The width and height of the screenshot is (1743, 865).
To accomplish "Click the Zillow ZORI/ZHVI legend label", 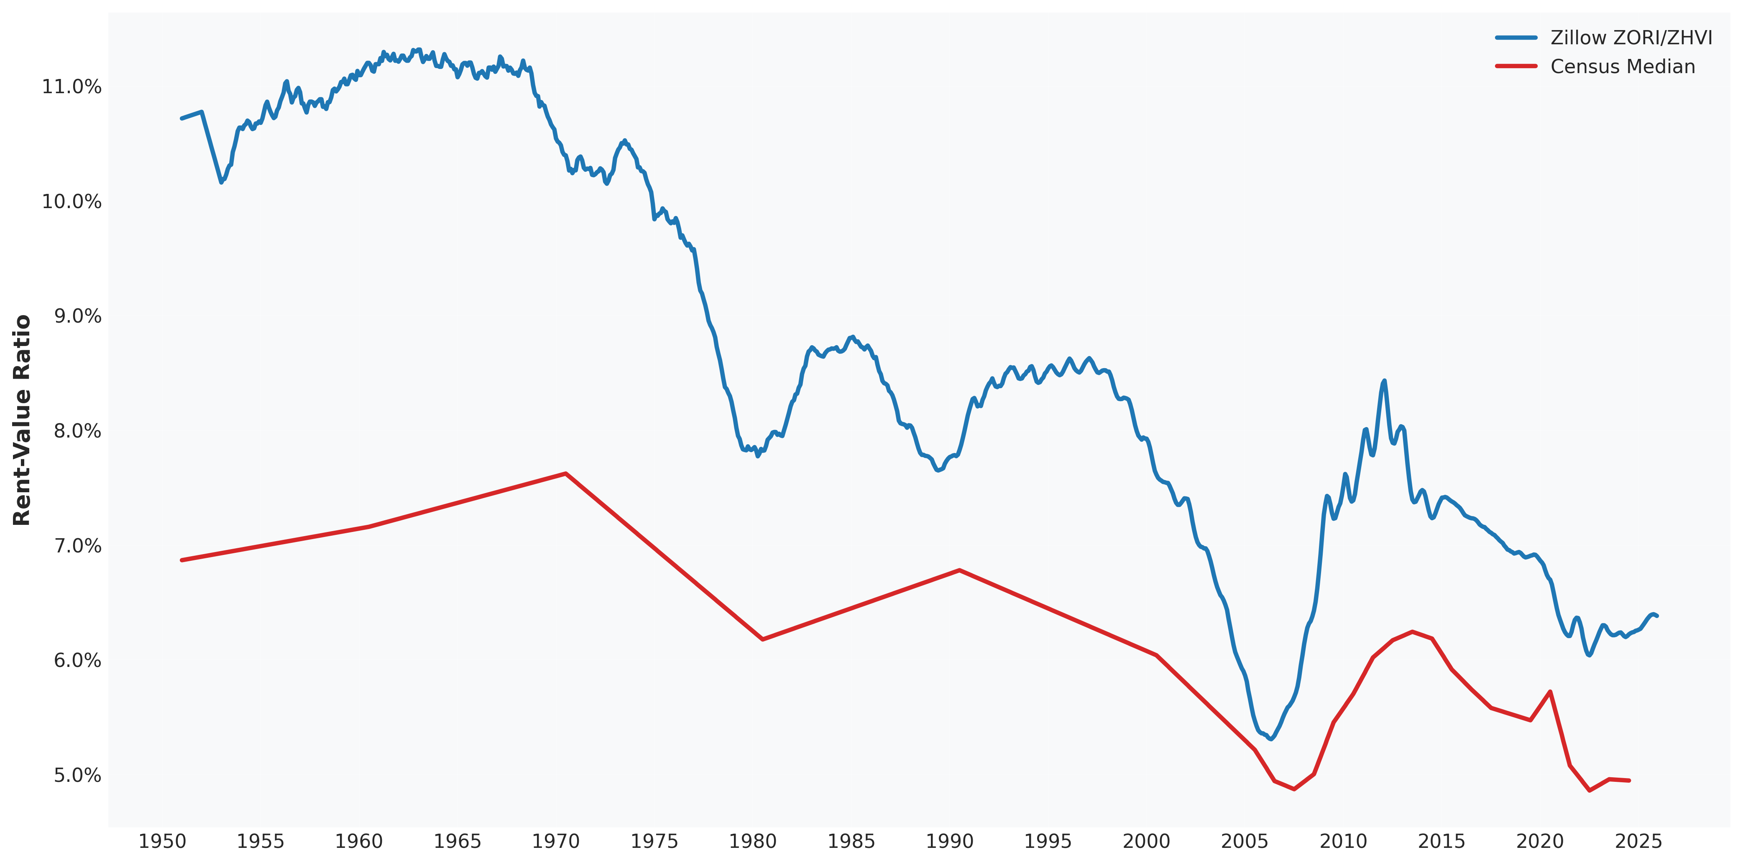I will [x=1631, y=38].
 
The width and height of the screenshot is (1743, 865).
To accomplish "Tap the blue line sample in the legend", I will [x=1516, y=38].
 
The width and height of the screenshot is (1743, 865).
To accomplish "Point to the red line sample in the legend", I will [x=1516, y=66].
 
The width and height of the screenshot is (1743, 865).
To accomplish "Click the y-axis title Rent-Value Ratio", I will [x=22, y=419].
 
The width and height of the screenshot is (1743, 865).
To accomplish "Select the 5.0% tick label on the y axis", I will [x=77, y=775].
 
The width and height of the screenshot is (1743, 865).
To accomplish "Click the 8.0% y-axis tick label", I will [x=77, y=432].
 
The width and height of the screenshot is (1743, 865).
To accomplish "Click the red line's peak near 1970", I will [x=566, y=473].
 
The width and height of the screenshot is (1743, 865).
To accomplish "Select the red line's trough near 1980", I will [x=763, y=639].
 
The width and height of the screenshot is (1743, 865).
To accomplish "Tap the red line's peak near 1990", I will [x=959, y=570].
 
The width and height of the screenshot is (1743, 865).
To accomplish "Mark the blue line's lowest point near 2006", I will [x=1271, y=738].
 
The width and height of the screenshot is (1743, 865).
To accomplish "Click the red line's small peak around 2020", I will [x=1549, y=692].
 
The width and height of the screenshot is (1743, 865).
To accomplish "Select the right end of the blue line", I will [x=1656, y=616].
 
